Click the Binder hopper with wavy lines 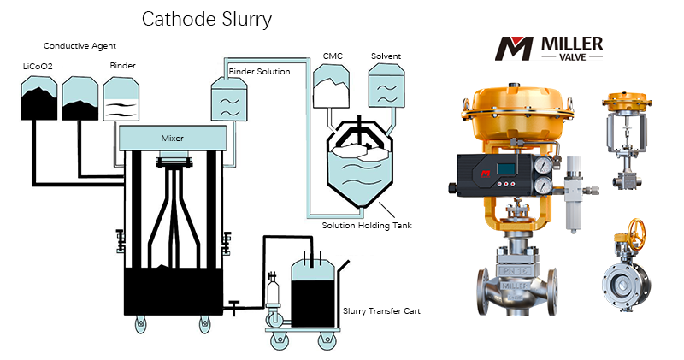pyautogui.click(x=122, y=101)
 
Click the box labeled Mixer pyautogui.click(x=173, y=137)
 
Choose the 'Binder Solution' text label pyautogui.click(x=259, y=72)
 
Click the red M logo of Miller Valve pyautogui.click(x=516, y=48)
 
